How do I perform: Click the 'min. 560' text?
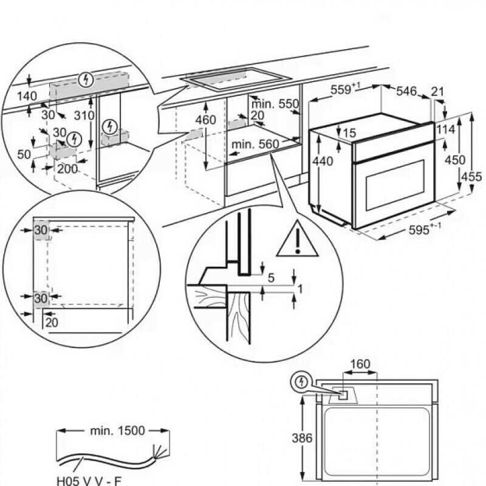tap(255, 144)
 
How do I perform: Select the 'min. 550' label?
tap(277, 104)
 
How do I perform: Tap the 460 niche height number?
tap(206, 120)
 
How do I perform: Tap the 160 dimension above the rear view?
tap(360, 364)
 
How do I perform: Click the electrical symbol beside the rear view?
tap(301, 383)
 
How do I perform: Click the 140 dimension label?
tap(27, 96)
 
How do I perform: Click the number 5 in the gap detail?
tap(271, 278)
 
